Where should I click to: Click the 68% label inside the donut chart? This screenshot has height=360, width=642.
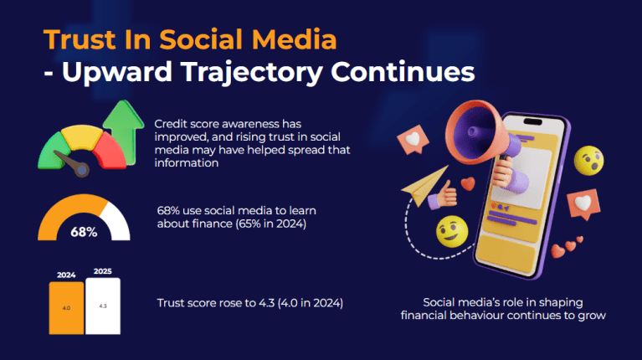pyautogui.click(x=83, y=232)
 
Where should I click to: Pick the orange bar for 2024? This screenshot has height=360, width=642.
pyautogui.click(x=66, y=308)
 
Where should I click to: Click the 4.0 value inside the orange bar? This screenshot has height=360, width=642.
pyautogui.click(x=66, y=308)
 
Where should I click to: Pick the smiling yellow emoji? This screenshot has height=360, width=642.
pyautogui.click(x=452, y=231)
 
